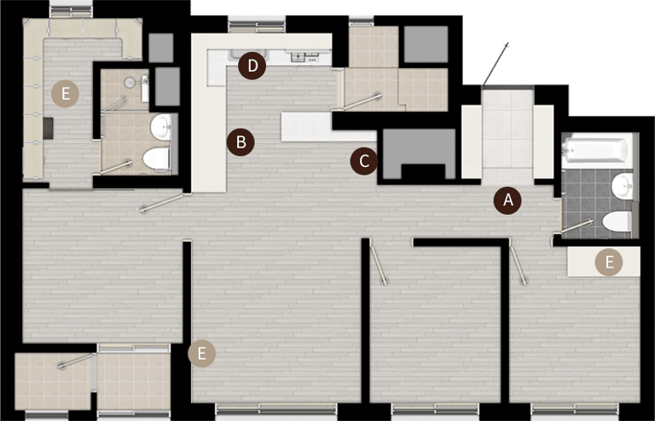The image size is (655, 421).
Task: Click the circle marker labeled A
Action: [507, 200]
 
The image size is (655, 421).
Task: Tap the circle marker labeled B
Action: [241, 142]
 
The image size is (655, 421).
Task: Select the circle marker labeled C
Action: [364, 161]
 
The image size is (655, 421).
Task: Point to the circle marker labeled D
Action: [252, 66]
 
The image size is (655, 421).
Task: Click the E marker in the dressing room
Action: [65, 94]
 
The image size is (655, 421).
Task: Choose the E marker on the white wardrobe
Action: [609, 262]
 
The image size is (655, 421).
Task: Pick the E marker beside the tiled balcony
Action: [202, 354]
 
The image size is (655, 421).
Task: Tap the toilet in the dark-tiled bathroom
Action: [617, 221]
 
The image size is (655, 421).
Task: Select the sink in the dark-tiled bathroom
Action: [623, 186]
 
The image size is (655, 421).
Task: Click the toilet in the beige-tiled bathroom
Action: [156, 159]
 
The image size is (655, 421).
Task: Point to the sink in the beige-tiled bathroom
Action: [161, 127]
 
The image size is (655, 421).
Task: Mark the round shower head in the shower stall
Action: [130, 82]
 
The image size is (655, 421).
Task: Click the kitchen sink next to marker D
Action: [247, 55]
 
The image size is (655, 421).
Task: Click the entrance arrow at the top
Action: [496, 64]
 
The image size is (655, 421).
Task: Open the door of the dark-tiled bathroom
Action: [577, 225]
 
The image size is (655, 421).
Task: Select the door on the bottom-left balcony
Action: [76, 360]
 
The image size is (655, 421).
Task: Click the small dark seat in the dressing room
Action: [48, 129]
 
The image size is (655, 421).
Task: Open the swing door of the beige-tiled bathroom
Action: [116, 167]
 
